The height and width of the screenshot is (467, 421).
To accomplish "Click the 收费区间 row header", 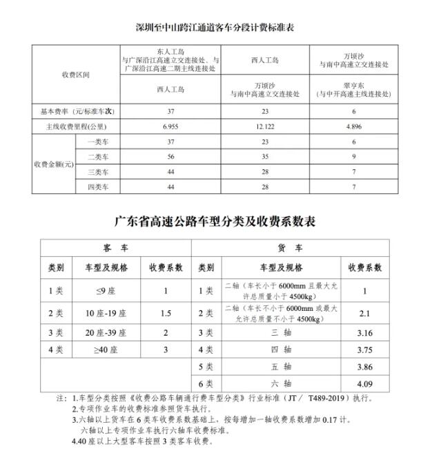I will click(x=76, y=74).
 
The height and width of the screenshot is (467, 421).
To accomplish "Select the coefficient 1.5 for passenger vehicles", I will click(x=166, y=313).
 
